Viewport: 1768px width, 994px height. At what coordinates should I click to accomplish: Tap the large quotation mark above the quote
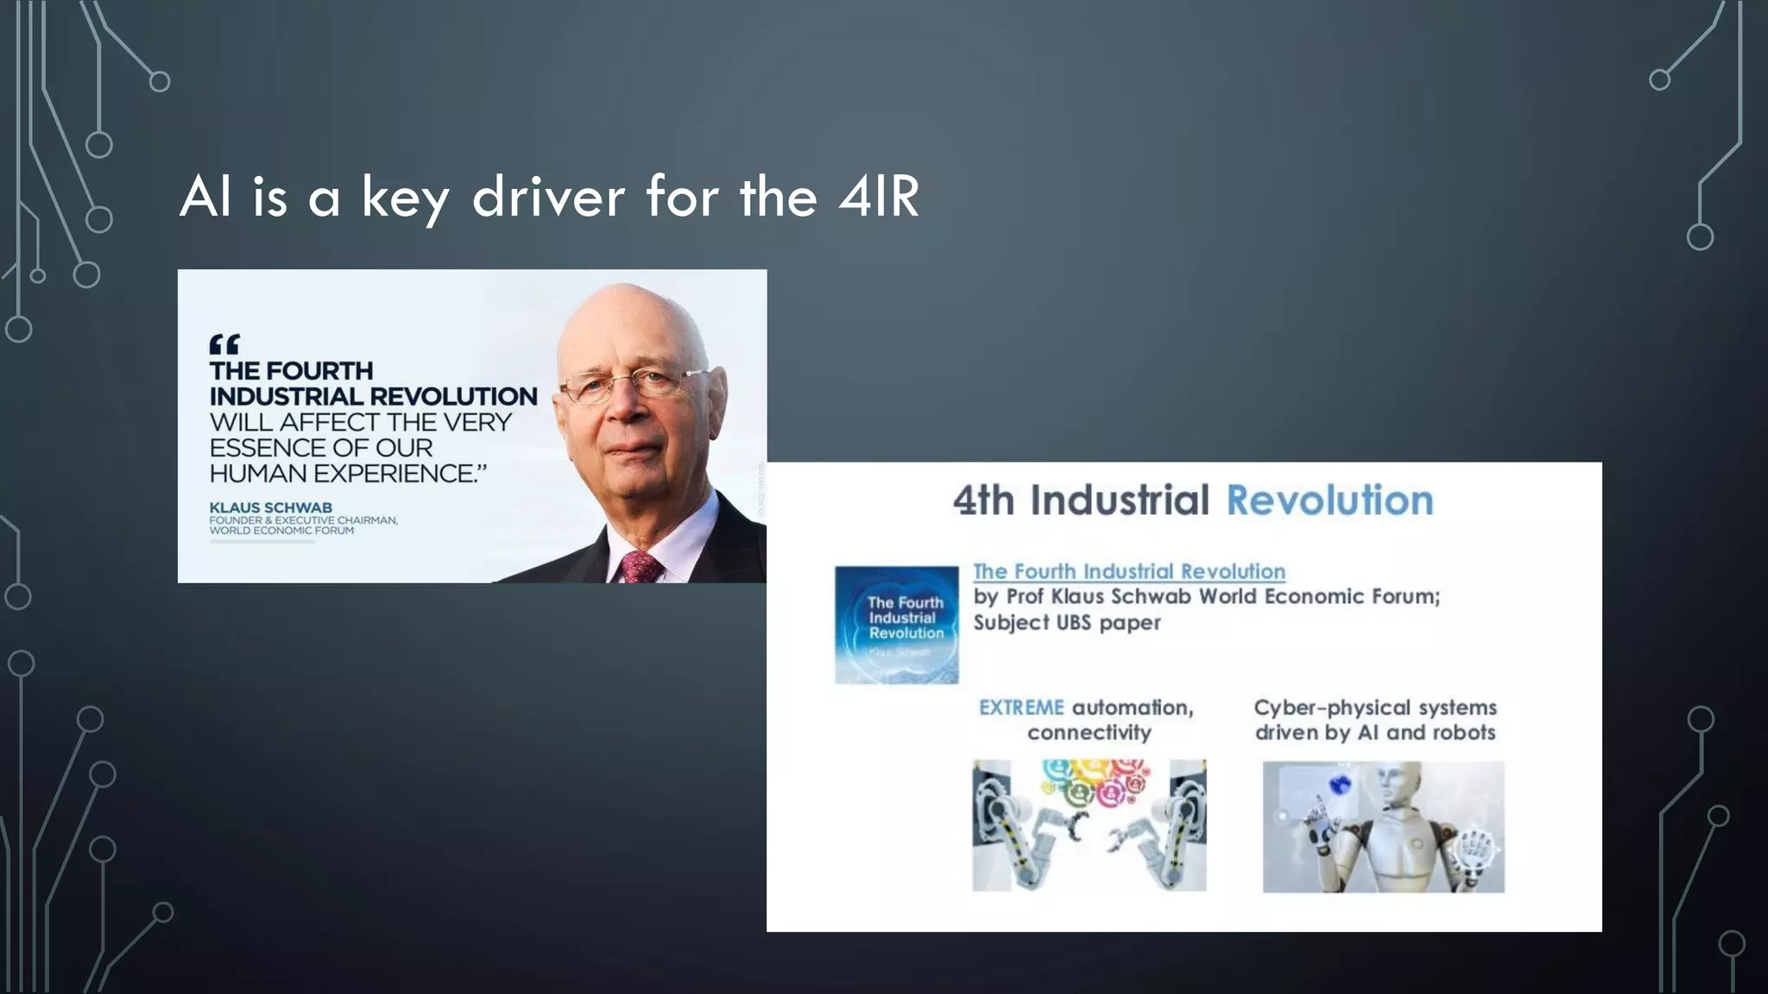tap(224, 345)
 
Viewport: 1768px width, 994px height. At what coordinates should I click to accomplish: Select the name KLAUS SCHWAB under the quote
tap(270, 507)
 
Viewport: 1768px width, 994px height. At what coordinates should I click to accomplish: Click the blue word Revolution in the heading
tap(1329, 500)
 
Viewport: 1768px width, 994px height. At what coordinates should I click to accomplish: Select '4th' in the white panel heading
tap(983, 500)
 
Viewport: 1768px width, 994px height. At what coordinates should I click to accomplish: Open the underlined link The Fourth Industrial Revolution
tap(1129, 571)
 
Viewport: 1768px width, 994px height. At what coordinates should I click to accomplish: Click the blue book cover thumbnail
tap(896, 625)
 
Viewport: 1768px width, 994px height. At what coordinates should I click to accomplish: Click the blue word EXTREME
tap(1021, 708)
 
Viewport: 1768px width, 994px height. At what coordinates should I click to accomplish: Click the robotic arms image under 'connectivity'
tap(1089, 825)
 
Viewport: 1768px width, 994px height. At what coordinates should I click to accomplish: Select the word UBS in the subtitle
tap(1067, 622)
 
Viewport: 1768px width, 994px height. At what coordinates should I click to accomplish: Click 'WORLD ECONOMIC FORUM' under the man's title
tap(281, 531)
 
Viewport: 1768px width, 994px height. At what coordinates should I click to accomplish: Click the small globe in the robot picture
tap(1340, 784)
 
